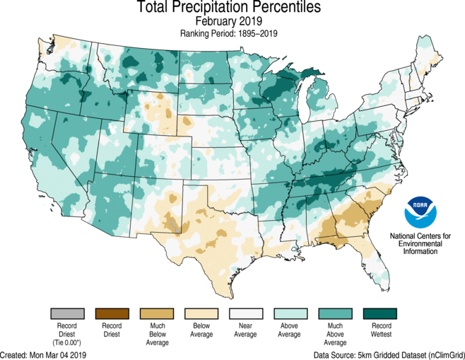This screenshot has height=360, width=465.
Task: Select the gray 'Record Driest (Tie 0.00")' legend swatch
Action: coord(68,313)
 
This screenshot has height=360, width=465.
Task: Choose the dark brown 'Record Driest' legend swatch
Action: coord(112,313)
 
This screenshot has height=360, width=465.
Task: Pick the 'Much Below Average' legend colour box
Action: coord(157,313)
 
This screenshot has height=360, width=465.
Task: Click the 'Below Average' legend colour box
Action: coord(201,313)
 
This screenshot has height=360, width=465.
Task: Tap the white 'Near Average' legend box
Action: coord(246,313)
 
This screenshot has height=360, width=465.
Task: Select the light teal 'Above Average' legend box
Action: coord(290,313)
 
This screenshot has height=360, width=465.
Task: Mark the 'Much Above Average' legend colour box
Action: coord(335,313)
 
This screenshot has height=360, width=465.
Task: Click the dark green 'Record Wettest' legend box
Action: coord(379,313)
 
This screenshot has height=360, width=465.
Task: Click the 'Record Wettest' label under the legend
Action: coord(379,330)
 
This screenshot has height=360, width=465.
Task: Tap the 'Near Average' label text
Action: coord(246,330)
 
